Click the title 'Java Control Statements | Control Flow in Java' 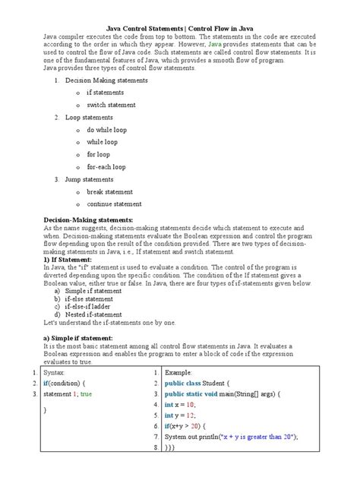tap(180, 27)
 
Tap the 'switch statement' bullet tap(111, 105)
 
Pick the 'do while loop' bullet tap(106, 130)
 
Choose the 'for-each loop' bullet tap(106, 166)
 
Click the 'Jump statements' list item tap(90, 179)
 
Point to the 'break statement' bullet tap(109, 191)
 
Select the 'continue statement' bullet tap(114, 204)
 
